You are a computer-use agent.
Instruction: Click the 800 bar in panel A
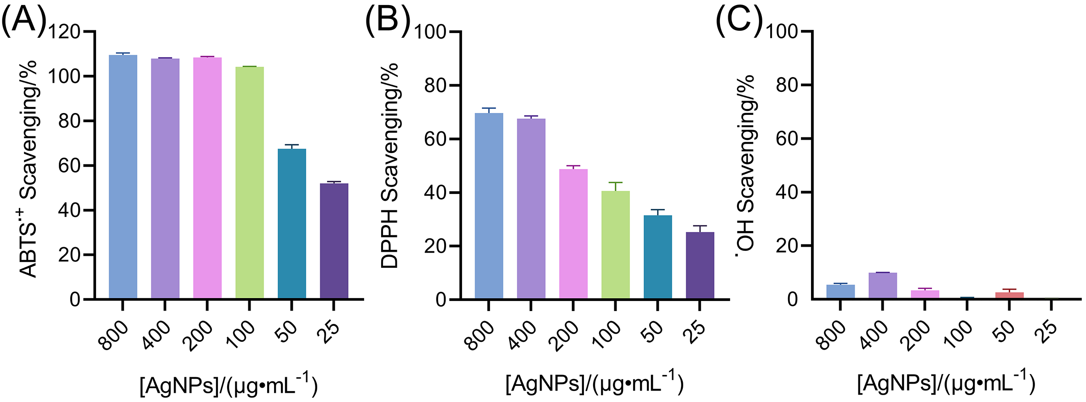coord(123,177)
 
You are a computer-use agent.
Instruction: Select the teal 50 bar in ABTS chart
coord(292,224)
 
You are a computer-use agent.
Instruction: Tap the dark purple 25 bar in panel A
coord(334,241)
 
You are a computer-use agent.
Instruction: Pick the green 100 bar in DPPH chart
coord(616,245)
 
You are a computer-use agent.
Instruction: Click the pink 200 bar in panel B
coord(573,234)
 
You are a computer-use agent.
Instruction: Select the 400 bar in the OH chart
coord(883,285)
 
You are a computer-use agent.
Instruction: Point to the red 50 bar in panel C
coord(1010,295)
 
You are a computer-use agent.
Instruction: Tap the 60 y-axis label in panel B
coord(435,139)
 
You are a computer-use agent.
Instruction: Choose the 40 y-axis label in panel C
coord(787,193)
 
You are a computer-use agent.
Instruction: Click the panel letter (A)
coord(24,21)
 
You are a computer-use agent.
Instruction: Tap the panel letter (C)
coord(739,21)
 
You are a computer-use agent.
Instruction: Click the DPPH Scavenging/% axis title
coord(390,165)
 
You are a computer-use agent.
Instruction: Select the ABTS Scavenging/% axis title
coord(29,168)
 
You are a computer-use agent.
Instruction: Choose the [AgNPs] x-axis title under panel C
coord(946,384)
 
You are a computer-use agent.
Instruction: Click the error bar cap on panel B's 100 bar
coord(616,183)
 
